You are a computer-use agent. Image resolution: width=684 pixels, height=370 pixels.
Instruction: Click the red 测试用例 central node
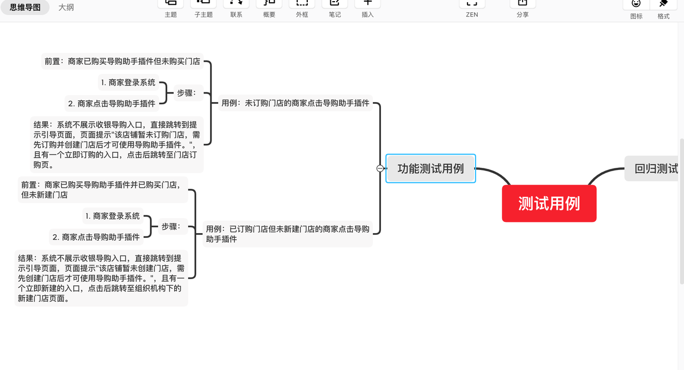[549, 203]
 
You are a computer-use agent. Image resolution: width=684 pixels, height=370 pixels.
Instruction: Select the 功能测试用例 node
[431, 168]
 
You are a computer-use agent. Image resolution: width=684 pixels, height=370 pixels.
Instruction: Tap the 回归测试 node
[655, 169]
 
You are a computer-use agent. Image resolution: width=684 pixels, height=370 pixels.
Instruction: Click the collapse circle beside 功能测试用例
[380, 168]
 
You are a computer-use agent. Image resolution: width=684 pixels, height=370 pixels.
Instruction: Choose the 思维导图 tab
[25, 7]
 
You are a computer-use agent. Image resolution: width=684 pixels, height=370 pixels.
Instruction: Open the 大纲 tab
[66, 7]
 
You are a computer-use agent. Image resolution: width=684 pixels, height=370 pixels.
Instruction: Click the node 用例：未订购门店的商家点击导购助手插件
[296, 103]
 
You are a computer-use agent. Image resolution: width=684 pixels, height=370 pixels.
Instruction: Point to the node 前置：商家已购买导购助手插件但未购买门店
[122, 61]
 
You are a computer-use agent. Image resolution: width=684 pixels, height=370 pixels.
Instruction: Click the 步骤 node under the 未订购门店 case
[186, 93]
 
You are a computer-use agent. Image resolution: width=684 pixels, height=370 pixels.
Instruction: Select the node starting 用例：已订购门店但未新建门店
[287, 234]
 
